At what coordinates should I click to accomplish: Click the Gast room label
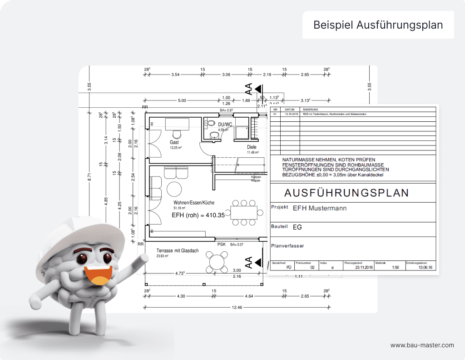[x=174, y=142]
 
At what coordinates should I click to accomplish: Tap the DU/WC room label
[x=225, y=124]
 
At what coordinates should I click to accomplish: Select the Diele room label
[x=252, y=147]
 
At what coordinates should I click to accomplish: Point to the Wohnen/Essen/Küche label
[x=194, y=203]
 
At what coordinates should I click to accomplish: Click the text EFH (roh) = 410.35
[x=198, y=215]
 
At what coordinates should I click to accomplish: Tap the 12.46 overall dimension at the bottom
[x=237, y=308]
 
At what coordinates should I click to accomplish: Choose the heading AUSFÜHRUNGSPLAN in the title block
[x=346, y=192]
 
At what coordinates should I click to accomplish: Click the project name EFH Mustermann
[x=320, y=208]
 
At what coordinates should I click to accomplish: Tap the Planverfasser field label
[x=287, y=246]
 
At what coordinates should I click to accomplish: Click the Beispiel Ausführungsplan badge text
[x=378, y=25]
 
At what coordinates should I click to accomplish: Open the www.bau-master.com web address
[x=422, y=345]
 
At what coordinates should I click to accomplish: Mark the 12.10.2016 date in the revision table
[x=290, y=115]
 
